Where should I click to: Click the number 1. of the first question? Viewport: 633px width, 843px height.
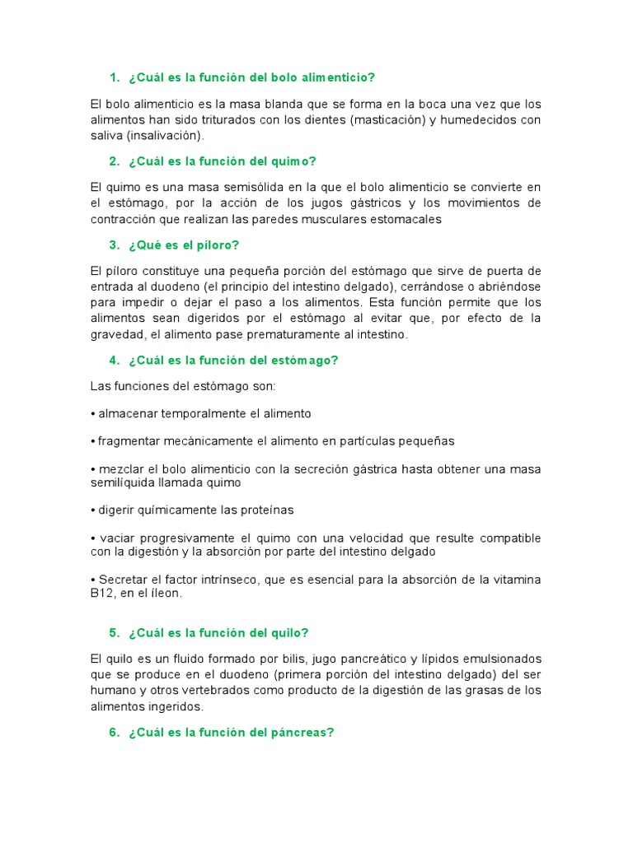click(115, 77)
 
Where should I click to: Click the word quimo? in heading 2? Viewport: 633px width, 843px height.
click(296, 161)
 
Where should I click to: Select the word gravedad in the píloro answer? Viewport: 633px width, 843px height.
click(116, 335)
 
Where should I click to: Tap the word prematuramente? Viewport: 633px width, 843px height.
click(286, 335)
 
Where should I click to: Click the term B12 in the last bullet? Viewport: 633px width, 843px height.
click(101, 593)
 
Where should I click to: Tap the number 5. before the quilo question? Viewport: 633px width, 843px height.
click(115, 633)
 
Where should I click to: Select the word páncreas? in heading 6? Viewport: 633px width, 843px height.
click(302, 732)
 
